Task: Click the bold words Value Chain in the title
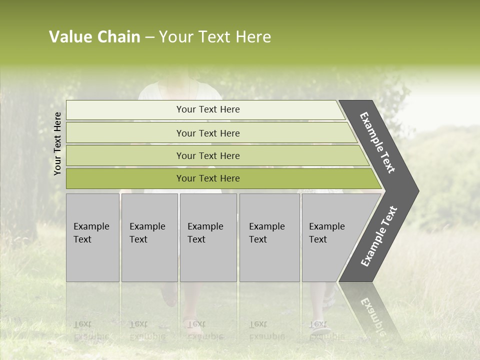pyautogui.click(x=94, y=37)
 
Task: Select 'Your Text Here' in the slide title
pyautogui.click(x=215, y=37)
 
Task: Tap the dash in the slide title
pyautogui.click(x=149, y=37)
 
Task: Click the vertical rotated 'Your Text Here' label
pyautogui.click(x=57, y=143)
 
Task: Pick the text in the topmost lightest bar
pyautogui.click(x=208, y=109)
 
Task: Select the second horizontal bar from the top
pyautogui.click(x=208, y=133)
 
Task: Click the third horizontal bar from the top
pyautogui.click(x=208, y=155)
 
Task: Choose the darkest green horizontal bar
pyautogui.click(x=208, y=178)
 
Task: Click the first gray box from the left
pyautogui.click(x=92, y=237)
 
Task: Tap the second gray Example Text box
pyautogui.click(x=149, y=237)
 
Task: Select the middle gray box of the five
pyautogui.click(x=208, y=237)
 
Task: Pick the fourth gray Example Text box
pyautogui.click(x=269, y=237)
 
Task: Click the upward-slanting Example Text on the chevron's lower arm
pyautogui.click(x=379, y=236)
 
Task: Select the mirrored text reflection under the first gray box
pyautogui.click(x=91, y=330)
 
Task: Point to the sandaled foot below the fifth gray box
pyautogui.click(x=320, y=327)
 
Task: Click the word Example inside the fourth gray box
pyautogui.click(x=266, y=226)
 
